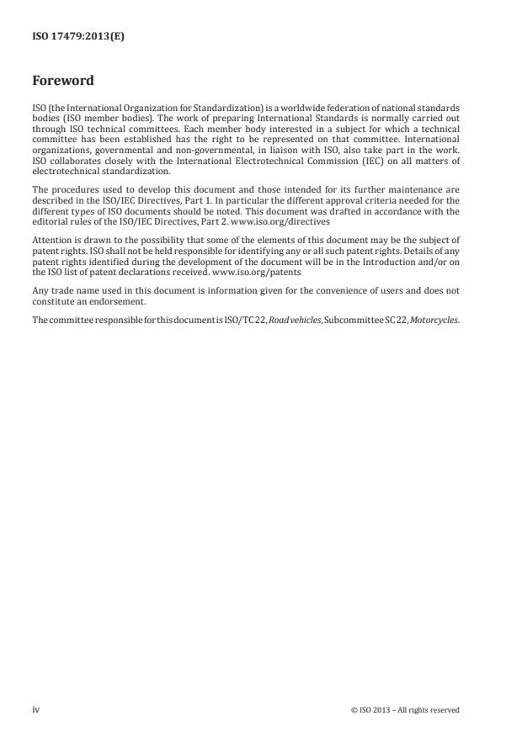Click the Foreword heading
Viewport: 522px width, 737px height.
click(62, 82)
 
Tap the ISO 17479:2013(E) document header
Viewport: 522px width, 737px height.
click(78, 37)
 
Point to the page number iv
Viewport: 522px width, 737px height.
click(36, 709)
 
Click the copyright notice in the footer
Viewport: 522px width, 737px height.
click(405, 709)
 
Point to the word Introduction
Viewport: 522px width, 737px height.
click(367, 263)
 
